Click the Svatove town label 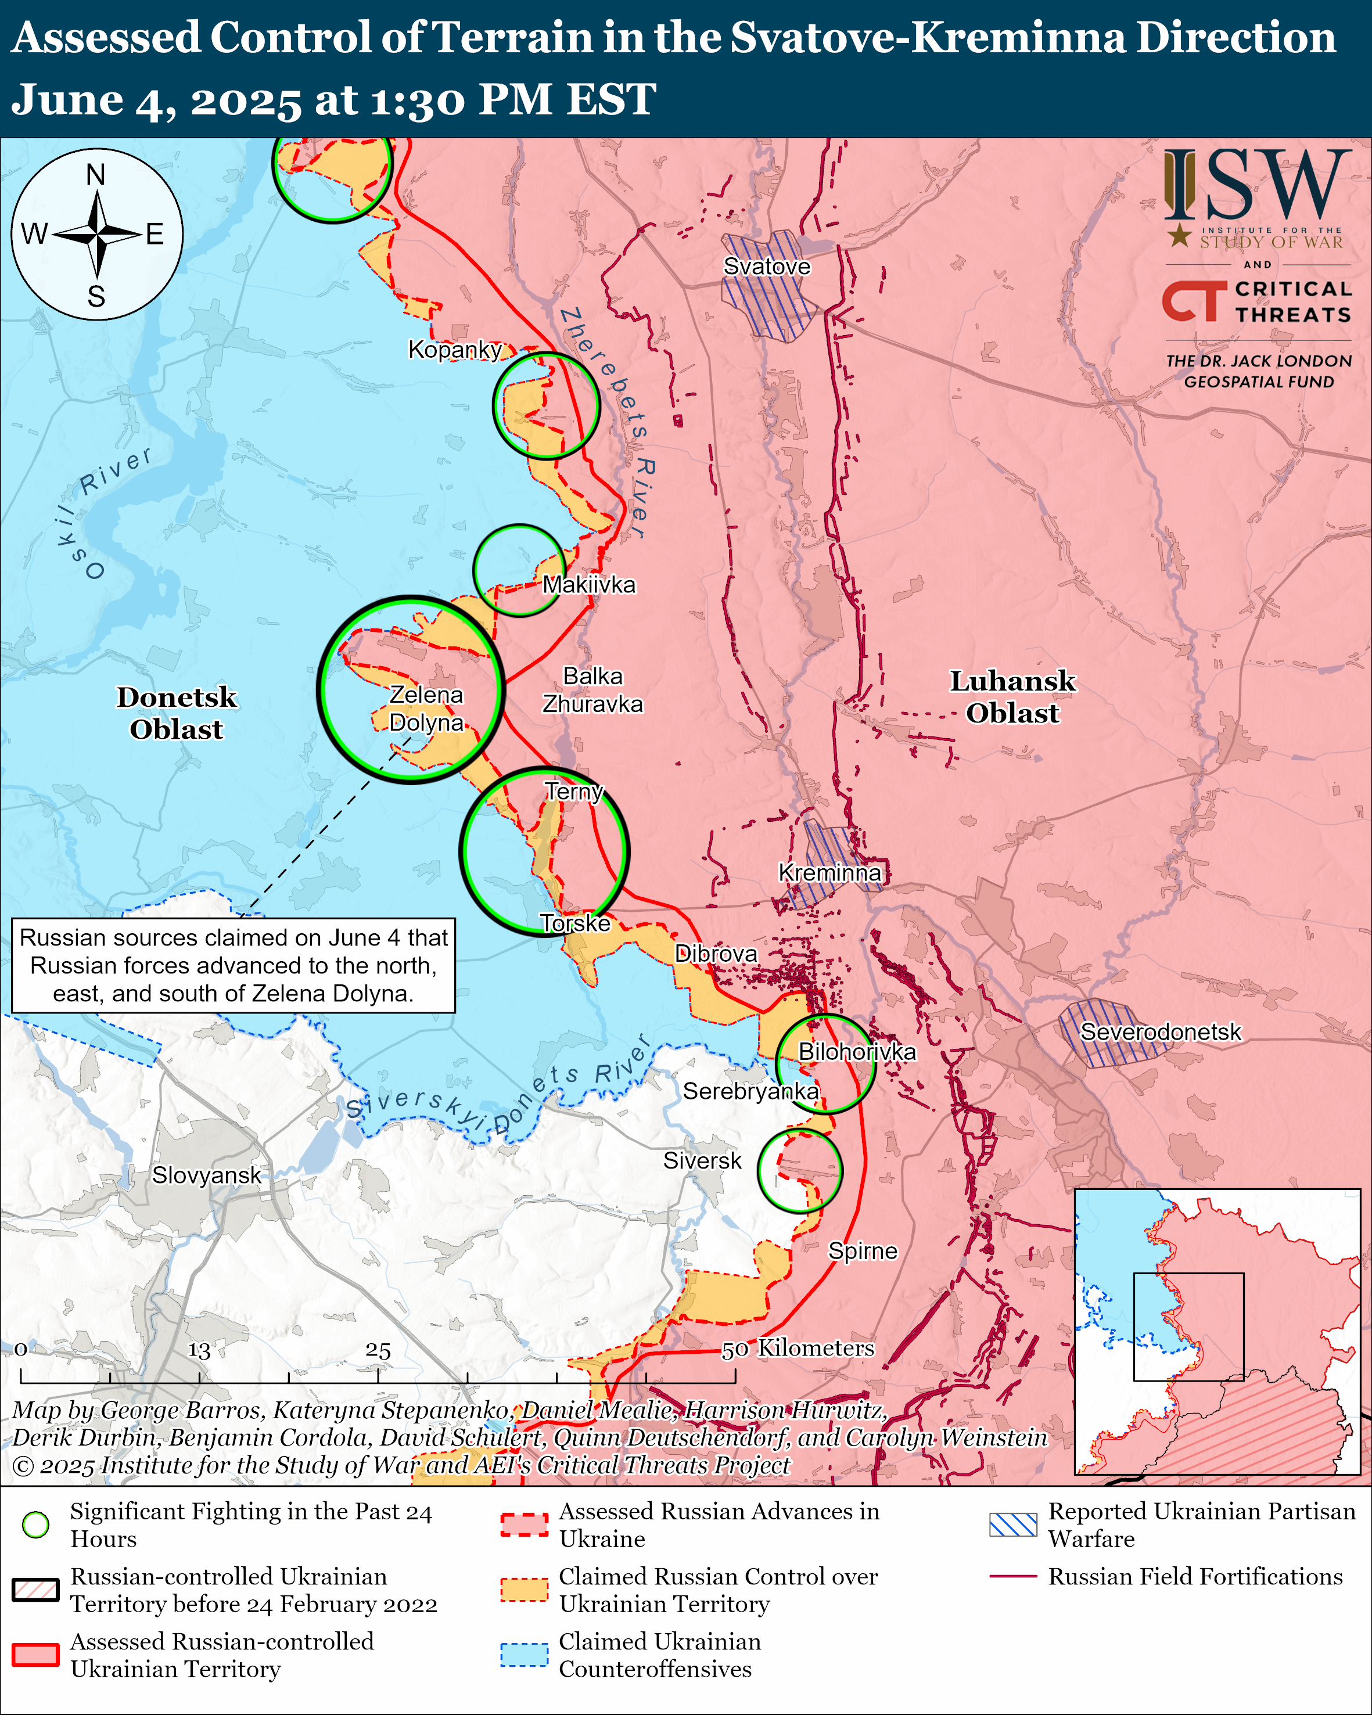point(766,267)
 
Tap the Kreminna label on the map point(829,873)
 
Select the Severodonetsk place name point(1159,1031)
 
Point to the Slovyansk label point(206,1175)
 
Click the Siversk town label point(702,1160)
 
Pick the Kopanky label point(454,349)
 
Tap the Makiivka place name point(588,585)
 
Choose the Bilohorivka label point(857,1052)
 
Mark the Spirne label point(862,1251)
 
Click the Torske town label point(575,923)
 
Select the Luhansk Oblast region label point(1012,697)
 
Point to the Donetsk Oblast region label point(177,713)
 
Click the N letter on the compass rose point(96,174)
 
